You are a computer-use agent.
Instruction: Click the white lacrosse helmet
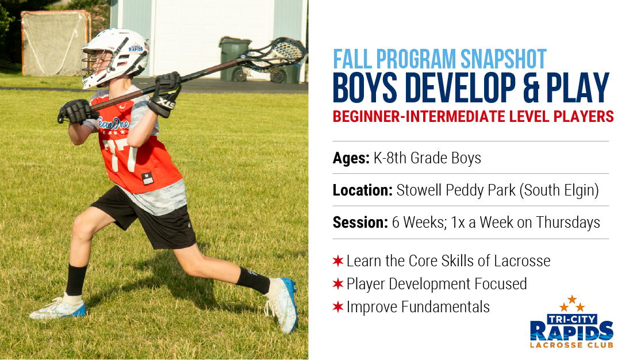click(114, 56)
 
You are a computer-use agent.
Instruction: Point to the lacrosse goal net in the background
click(55, 43)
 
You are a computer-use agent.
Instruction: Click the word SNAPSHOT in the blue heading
click(504, 59)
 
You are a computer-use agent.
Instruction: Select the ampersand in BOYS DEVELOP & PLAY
click(532, 89)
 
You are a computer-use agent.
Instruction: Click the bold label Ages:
click(351, 158)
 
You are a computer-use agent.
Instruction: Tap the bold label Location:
click(363, 190)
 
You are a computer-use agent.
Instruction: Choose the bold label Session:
click(360, 223)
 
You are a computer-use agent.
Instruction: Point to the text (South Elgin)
click(559, 190)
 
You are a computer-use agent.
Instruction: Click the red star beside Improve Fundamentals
click(338, 307)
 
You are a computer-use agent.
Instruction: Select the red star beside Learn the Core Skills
click(338, 261)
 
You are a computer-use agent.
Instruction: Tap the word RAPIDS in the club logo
click(571, 331)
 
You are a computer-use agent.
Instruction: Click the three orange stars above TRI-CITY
click(572, 304)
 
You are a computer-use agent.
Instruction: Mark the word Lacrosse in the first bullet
click(522, 261)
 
